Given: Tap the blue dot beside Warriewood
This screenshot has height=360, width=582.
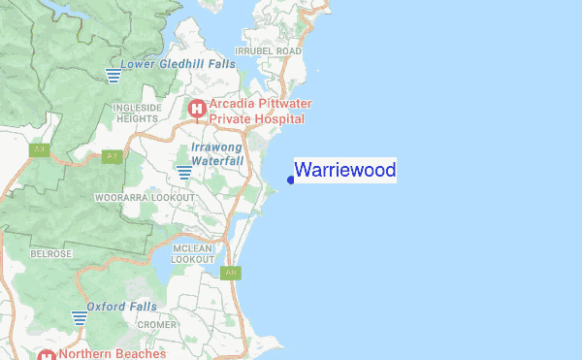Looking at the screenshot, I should point(291,180).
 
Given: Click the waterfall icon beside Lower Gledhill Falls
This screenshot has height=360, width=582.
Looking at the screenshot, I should point(113,75).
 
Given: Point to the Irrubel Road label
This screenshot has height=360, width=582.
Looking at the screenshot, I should point(269,50).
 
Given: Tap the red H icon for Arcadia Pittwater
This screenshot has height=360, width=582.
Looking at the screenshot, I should point(197,110).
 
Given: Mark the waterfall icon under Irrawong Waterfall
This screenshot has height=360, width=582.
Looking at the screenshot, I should point(184,173).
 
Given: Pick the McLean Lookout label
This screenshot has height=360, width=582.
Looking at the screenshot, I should point(192,254).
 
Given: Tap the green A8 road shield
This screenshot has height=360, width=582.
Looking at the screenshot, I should point(231,273).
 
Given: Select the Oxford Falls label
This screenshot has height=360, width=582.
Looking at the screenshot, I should point(121,307).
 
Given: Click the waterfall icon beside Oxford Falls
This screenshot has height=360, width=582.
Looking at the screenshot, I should point(80,317).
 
